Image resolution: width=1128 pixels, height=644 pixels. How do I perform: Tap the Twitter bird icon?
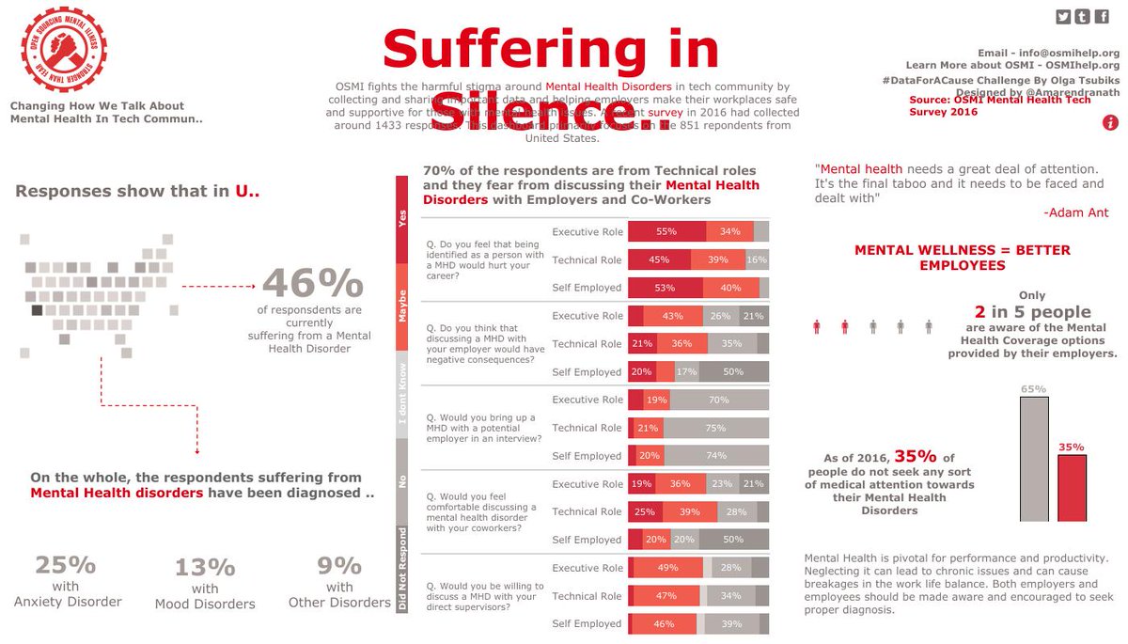(x=1063, y=16)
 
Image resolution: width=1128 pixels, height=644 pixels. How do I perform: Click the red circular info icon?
(x=1110, y=122)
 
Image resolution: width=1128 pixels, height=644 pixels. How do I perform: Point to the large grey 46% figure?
(x=312, y=283)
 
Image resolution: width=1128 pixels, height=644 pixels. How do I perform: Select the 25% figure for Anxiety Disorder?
(x=66, y=565)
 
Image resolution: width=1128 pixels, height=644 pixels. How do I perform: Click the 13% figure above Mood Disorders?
(x=204, y=567)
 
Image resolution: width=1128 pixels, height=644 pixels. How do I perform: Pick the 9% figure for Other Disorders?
(x=339, y=565)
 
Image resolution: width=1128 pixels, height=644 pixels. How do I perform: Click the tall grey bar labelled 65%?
(x=1034, y=459)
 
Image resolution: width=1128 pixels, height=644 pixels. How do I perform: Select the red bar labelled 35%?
(x=1072, y=487)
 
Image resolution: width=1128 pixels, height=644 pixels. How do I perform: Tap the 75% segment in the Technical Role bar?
(x=715, y=428)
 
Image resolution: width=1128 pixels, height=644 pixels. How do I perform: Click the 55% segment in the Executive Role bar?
(x=667, y=231)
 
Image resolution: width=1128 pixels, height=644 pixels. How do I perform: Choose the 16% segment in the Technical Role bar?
(x=757, y=259)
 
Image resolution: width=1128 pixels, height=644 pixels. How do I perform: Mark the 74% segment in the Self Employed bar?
(x=716, y=456)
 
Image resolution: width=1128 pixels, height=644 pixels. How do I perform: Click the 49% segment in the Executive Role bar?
(x=668, y=568)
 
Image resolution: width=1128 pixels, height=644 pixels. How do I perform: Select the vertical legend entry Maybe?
(x=403, y=306)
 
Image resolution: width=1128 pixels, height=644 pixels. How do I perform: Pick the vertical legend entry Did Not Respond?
(x=403, y=570)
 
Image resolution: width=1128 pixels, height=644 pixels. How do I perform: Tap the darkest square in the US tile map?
(x=37, y=310)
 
